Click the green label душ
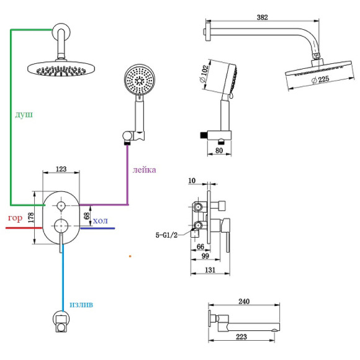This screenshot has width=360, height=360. click(x=24, y=114)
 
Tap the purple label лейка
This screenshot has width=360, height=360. click(x=144, y=169)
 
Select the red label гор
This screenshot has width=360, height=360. click(x=15, y=218)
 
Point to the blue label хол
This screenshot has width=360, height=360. click(x=101, y=220)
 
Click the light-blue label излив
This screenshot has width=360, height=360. click(x=81, y=304)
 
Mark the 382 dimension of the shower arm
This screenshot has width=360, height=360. click(x=262, y=17)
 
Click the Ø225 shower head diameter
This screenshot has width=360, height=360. click(x=320, y=79)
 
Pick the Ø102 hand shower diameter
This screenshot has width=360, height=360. click(x=204, y=73)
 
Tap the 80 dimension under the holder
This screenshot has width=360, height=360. click(x=219, y=150)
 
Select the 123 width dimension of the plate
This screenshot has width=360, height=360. click(x=61, y=169)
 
